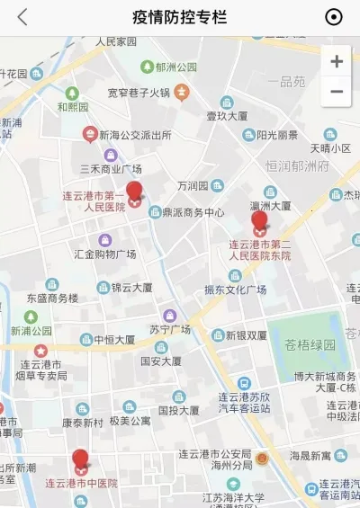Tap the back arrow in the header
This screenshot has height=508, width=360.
coord(22,17)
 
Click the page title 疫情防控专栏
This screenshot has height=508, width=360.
coord(179,17)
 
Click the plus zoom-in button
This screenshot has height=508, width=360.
coord(337,61)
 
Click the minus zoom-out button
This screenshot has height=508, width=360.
coord(337,92)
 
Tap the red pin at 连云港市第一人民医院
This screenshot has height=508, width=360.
coord(134,193)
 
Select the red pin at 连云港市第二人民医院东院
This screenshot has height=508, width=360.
coord(259,221)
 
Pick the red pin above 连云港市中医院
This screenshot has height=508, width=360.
coord(81,460)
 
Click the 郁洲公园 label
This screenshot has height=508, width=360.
coord(175,67)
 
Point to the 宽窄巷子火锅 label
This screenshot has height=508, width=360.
coord(139,92)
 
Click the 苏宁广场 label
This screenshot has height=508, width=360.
coord(170,329)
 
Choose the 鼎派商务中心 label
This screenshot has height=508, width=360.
coord(193,213)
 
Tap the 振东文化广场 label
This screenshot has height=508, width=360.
coord(235,290)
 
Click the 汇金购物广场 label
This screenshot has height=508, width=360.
coord(105,254)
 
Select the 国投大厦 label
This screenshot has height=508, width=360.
coord(178,410)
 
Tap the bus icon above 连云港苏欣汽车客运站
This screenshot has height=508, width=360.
coord(243,383)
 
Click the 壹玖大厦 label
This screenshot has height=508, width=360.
coord(227,115)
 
